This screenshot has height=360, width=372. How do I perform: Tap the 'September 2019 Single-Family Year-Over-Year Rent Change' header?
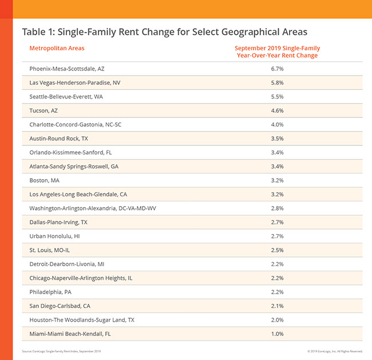click(276, 52)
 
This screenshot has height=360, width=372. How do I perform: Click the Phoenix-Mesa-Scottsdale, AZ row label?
click(68, 69)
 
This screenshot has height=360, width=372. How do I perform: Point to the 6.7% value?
click(276, 69)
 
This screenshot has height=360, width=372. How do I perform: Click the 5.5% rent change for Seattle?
click(276, 97)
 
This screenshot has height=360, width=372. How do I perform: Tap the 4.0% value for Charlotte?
click(276, 124)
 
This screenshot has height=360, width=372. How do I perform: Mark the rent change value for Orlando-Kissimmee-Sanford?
click(276, 152)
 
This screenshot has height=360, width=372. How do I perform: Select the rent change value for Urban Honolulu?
click(276, 236)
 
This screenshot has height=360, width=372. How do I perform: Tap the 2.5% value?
click(276, 250)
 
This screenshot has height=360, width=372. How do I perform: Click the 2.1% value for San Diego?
click(276, 305)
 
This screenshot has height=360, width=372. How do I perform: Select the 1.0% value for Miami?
click(276, 333)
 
